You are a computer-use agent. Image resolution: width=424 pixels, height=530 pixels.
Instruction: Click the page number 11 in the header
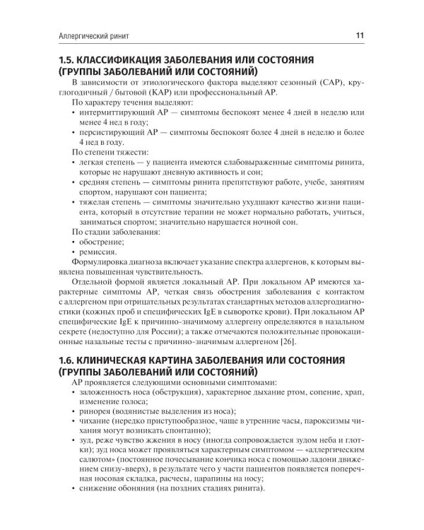(360, 34)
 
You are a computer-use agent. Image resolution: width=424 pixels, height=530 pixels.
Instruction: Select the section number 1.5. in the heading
(66, 59)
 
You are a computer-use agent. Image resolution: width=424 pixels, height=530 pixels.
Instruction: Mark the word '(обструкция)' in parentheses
(182, 391)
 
